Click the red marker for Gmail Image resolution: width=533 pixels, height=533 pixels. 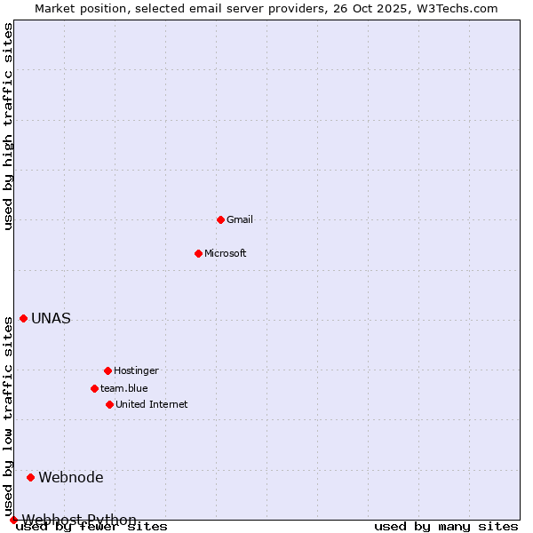(x=220, y=219)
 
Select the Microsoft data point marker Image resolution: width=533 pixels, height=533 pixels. (x=198, y=253)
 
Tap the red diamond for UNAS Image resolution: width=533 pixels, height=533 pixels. (x=23, y=318)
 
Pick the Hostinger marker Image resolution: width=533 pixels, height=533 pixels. (x=107, y=370)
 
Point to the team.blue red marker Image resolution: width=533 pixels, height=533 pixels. (x=94, y=388)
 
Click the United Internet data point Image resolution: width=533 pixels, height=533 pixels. (x=109, y=404)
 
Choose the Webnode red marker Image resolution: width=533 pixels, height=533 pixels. (x=30, y=477)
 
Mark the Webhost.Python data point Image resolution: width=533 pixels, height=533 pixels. (x=13, y=520)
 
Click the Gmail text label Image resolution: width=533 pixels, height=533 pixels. (x=240, y=219)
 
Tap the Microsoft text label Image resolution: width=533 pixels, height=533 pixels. (x=226, y=253)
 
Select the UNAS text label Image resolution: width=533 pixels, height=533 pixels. (x=51, y=319)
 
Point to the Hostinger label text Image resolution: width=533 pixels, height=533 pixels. (x=136, y=370)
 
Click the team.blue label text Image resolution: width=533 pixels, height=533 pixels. (x=124, y=388)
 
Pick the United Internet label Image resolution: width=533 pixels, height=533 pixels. (x=152, y=404)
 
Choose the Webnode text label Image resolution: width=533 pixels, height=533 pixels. (x=71, y=478)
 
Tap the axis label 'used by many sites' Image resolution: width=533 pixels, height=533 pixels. (x=446, y=526)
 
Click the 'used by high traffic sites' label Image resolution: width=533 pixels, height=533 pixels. (x=8, y=126)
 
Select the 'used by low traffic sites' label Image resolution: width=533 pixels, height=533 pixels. (x=8, y=417)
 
